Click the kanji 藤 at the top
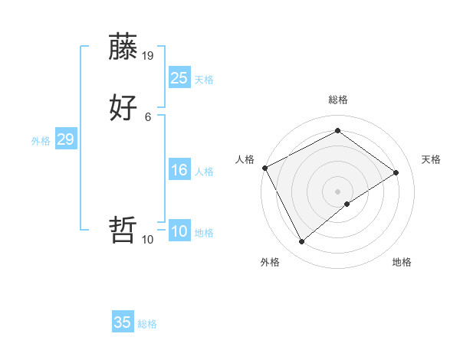coord(123,47)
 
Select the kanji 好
coord(123,107)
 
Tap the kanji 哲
coord(123,229)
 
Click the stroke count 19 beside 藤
coord(148,56)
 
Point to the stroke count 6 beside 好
coord(148,116)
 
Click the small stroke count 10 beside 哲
coord(148,239)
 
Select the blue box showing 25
coord(179,77)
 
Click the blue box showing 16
coord(179,170)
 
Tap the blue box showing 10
coord(179,231)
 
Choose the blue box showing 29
coord(65,139)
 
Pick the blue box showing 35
coord(123,322)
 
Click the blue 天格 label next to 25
coord(204,79)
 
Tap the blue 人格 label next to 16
coord(204,172)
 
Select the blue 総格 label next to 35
coord(147,324)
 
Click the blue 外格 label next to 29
coord(41,141)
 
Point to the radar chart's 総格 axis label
coord(337,100)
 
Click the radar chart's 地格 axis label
coord(402,262)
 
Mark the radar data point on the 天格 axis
coord(396,173)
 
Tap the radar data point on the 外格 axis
coord(302,242)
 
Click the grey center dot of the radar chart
coord(337,191)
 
